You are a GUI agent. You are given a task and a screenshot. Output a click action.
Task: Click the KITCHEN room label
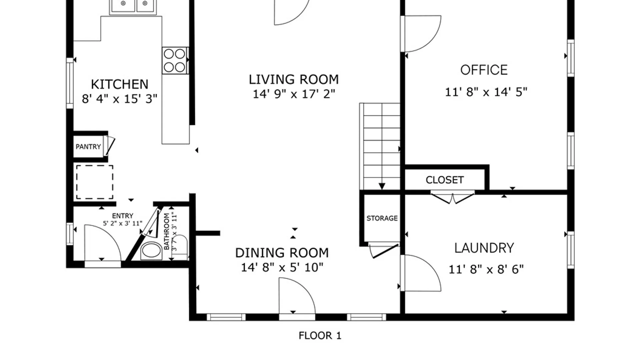point(120,84)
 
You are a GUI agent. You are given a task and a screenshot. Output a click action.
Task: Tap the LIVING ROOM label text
point(294,80)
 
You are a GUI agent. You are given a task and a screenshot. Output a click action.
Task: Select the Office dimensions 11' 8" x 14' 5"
point(486,92)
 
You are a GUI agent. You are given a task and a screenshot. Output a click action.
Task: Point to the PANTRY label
point(88,147)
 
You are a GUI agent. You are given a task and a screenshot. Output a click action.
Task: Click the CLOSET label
point(445,180)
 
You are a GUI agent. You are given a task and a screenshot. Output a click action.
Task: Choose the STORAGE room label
point(382,218)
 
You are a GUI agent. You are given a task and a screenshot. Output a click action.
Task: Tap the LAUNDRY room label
point(484,248)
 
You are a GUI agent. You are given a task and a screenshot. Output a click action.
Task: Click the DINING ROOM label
point(282,253)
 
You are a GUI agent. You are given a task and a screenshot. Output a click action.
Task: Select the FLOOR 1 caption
point(320,336)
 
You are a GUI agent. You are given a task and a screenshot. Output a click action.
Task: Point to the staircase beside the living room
point(380,147)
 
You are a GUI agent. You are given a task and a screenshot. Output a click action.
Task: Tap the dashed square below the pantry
point(95,182)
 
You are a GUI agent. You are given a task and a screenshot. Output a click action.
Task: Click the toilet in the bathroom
point(180,247)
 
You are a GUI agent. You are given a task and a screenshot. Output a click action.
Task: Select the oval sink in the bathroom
point(151,251)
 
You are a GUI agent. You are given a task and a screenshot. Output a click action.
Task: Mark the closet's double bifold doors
point(452,197)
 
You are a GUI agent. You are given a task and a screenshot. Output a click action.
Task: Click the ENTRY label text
point(123,216)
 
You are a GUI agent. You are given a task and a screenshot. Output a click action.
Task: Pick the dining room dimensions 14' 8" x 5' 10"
point(282,267)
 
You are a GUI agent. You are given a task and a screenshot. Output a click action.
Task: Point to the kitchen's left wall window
point(70,83)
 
